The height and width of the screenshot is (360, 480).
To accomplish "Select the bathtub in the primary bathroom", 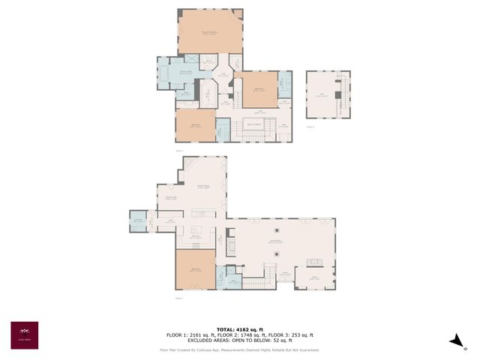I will pyautogui.click(x=165, y=73).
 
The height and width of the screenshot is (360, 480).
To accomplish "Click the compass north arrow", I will pyautogui.click(x=457, y=340).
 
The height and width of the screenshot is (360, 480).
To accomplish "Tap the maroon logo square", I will pyautogui.click(x=24, y=335).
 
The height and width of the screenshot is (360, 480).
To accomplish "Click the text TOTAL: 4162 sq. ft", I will pyautogui.click(x=239, y=329).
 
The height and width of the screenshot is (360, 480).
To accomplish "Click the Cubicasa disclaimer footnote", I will pyautogui.click(x=239, y=349).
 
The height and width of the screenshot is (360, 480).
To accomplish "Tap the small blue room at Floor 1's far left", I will pyautogui.click(x=137, y=220).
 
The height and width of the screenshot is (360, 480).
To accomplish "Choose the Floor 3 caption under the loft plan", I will pyautogui.click(x=310, y=127).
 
